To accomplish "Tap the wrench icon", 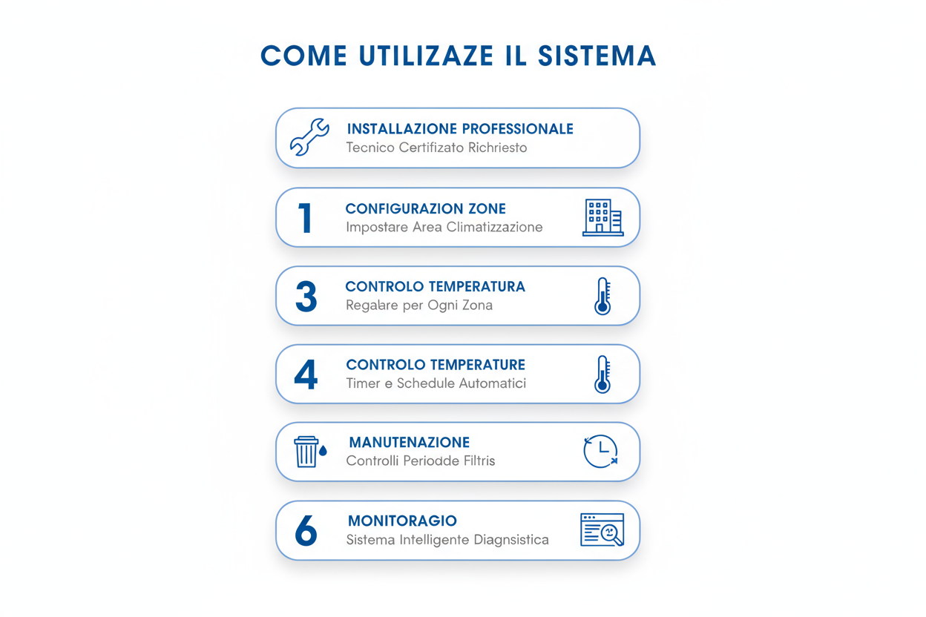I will [x=309, y=137].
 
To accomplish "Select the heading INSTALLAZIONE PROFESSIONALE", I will [x=460, y=129].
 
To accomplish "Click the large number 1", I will [x=305, y=218].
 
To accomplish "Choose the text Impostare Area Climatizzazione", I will [x=444, y=227].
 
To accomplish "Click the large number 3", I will [x=306, y=297].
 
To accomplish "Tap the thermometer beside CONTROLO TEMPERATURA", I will [x=602, y=296].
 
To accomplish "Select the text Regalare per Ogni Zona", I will [x=418, y=306].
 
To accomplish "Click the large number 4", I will [x=306, y=375].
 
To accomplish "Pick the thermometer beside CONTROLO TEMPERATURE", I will [x=602, y=374].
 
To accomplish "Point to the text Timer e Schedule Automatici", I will [x=436, y=383].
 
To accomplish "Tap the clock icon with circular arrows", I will [x=600, y=452].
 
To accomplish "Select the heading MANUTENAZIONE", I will [x=409, y=443].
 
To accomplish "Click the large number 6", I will [x=306, y=531].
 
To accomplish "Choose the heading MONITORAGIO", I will [x=402, y=521].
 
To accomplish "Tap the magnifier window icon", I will [x=602, y=530].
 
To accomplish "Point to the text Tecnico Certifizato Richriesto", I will [x=436, y=148].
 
